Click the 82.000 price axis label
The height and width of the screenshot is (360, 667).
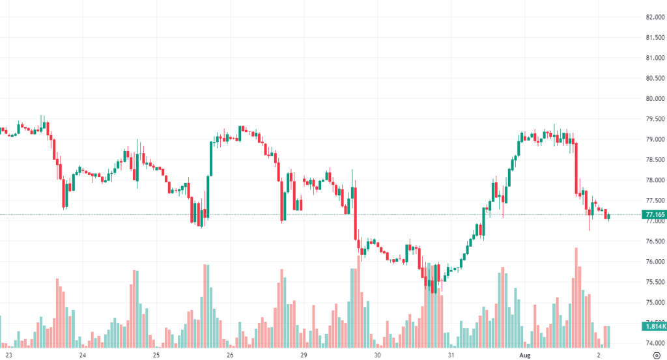pos(653,17)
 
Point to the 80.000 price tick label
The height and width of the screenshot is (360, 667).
pos(653,98)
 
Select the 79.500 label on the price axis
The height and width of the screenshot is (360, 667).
pos(653,119)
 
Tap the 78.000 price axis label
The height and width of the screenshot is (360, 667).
pos(653,180)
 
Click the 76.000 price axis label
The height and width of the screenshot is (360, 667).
pos(653,262)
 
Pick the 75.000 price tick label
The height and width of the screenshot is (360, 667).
pos(653,303)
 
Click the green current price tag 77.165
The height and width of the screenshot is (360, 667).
pos(653,214)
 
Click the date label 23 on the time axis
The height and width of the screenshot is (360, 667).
pos(9,355)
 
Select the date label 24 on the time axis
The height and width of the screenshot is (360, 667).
pos(83,355)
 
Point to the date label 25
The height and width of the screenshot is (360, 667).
pos(156,355)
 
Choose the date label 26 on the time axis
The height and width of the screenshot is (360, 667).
pos(230,355)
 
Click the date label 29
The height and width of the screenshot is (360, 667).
pos(304,355)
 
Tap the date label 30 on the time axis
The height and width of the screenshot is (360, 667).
pos(377,355)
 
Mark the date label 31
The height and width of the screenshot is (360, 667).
pos(451,355)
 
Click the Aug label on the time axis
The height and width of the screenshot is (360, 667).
pos(524,355)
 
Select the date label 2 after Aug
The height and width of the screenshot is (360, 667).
pos(598,355)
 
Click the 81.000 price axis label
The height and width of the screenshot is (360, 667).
pos(653,58)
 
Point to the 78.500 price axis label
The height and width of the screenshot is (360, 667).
pos(653,159)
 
